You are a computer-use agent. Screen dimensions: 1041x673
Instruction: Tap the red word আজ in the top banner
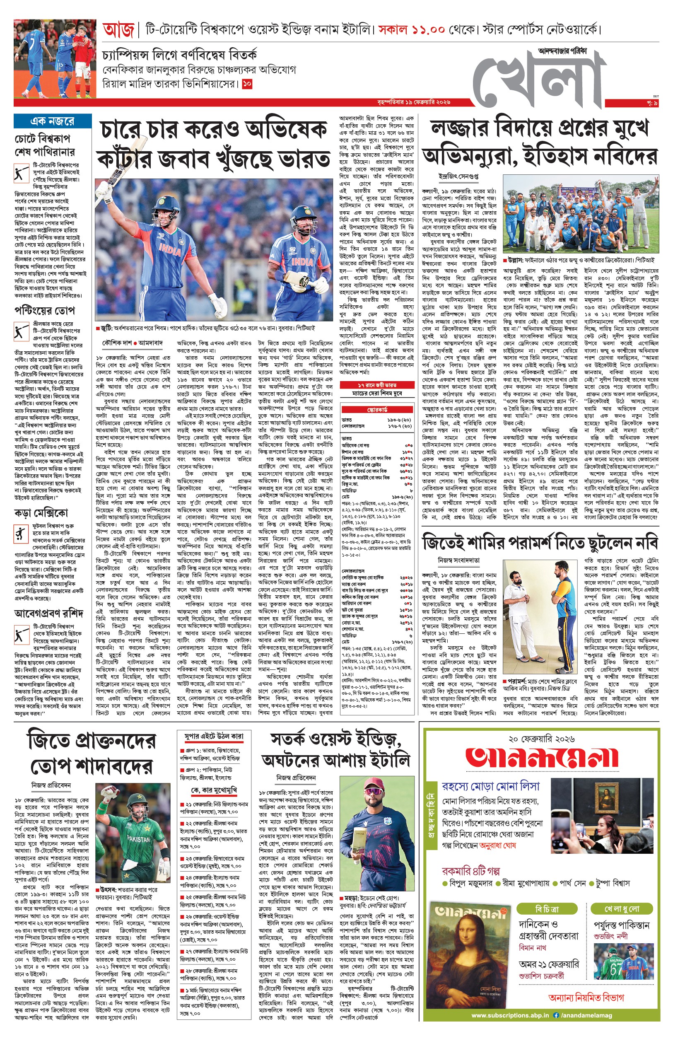click(x=118, y=30)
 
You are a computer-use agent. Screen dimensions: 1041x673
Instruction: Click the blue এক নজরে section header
click(x=53, y=121)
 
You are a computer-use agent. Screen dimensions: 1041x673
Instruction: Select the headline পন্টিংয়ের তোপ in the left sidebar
click(x=45, y=311)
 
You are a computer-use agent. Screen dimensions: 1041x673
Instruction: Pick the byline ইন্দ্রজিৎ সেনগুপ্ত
click(x=458, y=176)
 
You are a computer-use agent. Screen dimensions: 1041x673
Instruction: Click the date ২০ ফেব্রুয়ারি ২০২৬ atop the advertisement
click(x=541, y=739)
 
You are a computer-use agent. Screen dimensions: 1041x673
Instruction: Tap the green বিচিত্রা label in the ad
click(x=547, y=909)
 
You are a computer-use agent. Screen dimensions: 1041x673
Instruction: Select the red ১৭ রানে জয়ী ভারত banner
click(x=377, y=384)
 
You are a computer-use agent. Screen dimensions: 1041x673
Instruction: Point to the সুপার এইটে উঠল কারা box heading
click(x=214, y=737)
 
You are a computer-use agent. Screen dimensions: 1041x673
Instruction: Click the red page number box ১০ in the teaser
click(x=247, y=84)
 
